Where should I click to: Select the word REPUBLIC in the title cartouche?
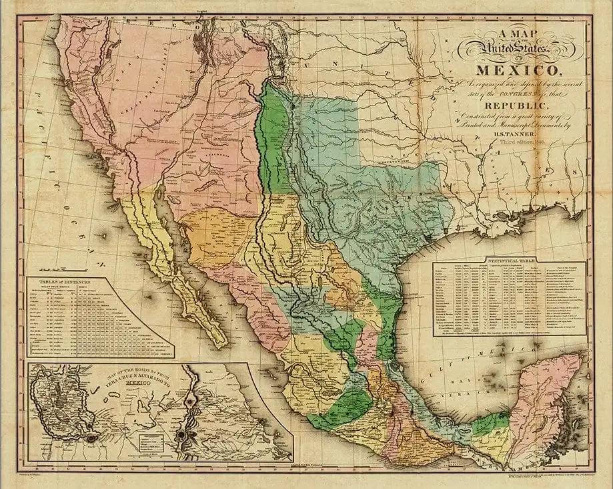click(513, 106)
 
